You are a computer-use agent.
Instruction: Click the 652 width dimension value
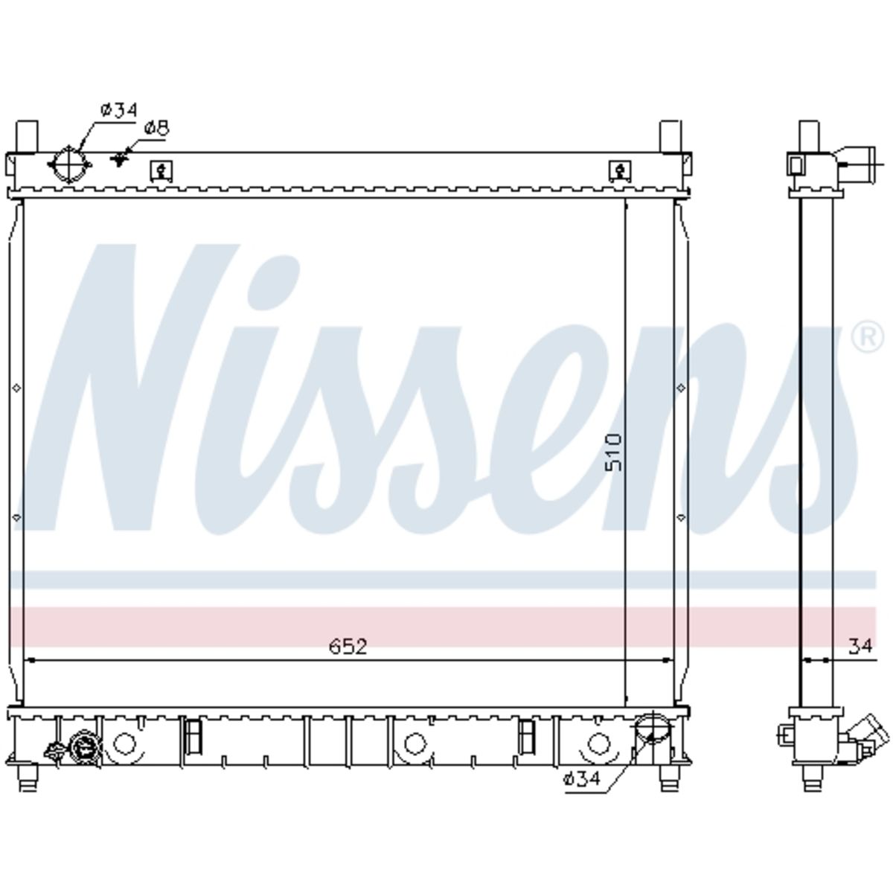tap(348, 647)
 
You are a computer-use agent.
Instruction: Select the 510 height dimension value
tap(614, 452)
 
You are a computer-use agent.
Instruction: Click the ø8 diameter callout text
tap(156, 128)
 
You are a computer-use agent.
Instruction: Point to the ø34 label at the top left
tap(119, 110)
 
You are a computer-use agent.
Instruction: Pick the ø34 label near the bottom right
tap(582, 779)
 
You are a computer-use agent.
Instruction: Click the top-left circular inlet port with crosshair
tap(69, 164)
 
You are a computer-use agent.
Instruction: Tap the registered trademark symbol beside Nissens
tap(868, 339)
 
